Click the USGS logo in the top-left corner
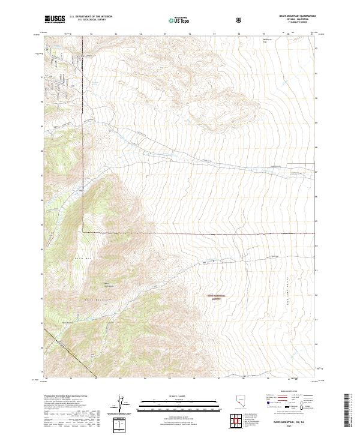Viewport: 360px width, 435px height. pos(55,19)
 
